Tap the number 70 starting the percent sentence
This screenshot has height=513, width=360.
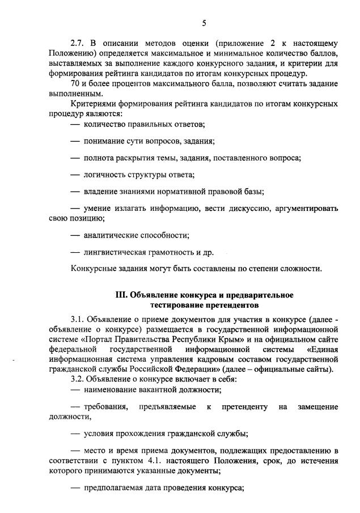click(x=75, y=83)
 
